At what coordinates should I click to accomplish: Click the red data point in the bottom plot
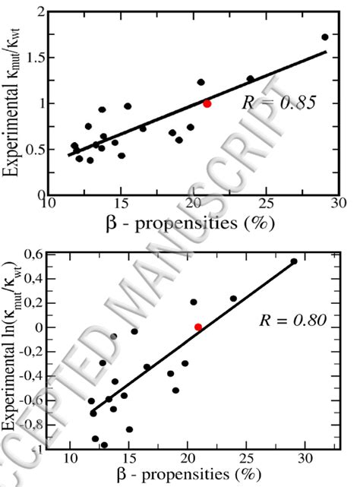198,327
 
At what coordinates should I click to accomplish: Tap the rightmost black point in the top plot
325,36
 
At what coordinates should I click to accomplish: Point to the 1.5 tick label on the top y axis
33,58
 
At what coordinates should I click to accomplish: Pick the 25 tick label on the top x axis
266,204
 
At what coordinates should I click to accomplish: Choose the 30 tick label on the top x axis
338,204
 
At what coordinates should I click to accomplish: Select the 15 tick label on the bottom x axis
128,459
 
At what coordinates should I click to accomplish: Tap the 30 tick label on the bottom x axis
305,459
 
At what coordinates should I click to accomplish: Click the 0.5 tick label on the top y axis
33,149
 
